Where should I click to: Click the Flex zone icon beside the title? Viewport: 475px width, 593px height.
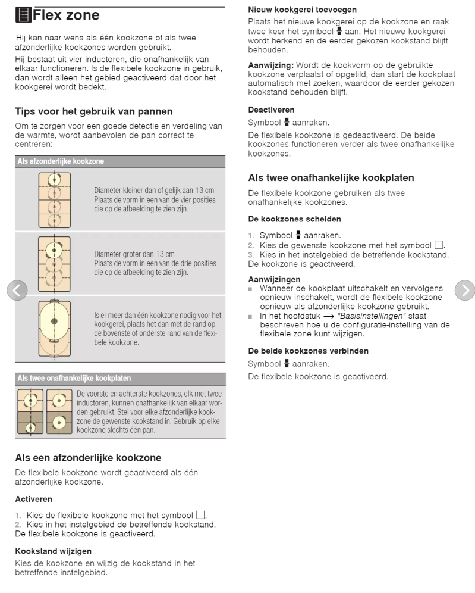23,15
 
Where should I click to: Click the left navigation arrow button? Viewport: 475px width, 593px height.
17,291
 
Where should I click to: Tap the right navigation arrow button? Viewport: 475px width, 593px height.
465,291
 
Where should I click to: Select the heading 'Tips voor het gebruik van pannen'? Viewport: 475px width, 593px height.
94,111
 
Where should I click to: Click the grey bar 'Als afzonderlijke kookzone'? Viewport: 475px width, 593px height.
120,161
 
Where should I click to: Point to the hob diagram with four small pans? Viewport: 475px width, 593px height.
54,200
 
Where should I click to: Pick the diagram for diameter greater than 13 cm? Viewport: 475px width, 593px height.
54,264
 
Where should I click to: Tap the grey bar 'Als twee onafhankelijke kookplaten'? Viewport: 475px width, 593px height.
120,379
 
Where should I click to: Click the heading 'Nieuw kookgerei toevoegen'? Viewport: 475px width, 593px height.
302,10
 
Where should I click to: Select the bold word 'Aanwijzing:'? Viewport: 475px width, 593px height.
270,65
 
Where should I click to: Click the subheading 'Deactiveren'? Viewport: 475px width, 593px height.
271,110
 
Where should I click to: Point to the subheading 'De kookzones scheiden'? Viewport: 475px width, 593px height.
294,219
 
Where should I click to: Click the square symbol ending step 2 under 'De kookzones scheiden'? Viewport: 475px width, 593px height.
439,245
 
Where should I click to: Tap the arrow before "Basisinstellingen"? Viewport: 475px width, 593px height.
329,316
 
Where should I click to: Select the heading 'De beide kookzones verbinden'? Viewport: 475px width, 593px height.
308,351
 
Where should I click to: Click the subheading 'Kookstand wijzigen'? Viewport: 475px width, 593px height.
54,551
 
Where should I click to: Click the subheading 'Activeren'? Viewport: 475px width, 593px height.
34,499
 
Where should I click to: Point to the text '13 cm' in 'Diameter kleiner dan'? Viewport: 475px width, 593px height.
205,191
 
